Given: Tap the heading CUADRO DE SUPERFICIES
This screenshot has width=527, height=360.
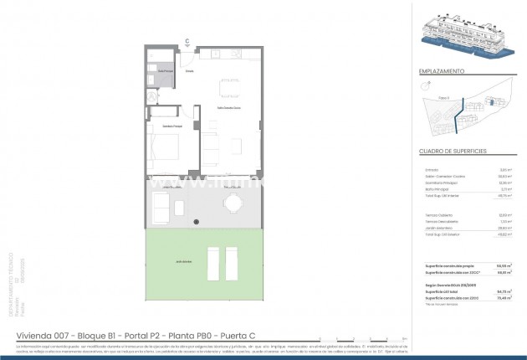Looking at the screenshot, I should [453, 152].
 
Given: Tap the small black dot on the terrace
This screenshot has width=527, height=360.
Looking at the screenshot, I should [196, 221].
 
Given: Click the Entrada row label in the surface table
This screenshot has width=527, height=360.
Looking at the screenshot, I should [432, 170].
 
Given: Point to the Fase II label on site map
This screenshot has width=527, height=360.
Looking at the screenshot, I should [443, 98].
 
